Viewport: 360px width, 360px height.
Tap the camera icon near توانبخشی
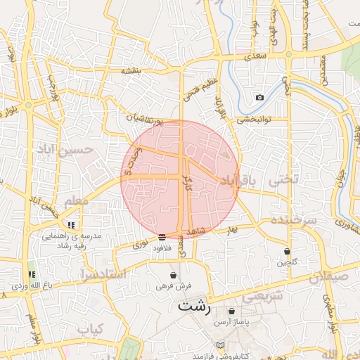click(259, 97)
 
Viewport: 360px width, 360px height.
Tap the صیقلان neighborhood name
click(333, 276)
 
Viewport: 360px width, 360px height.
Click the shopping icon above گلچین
click(287, 251)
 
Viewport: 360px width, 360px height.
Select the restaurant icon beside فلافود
click(162, 237)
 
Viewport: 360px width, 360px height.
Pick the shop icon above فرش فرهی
click(174, 275)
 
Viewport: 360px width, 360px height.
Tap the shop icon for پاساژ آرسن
click(231, 311)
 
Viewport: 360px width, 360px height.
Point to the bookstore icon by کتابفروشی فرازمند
click(222, 345)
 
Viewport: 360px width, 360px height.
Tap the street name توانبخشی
click(251, 120)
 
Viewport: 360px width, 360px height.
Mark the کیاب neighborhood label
click(89, 329)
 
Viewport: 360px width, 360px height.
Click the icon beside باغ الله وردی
click(31, 274)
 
